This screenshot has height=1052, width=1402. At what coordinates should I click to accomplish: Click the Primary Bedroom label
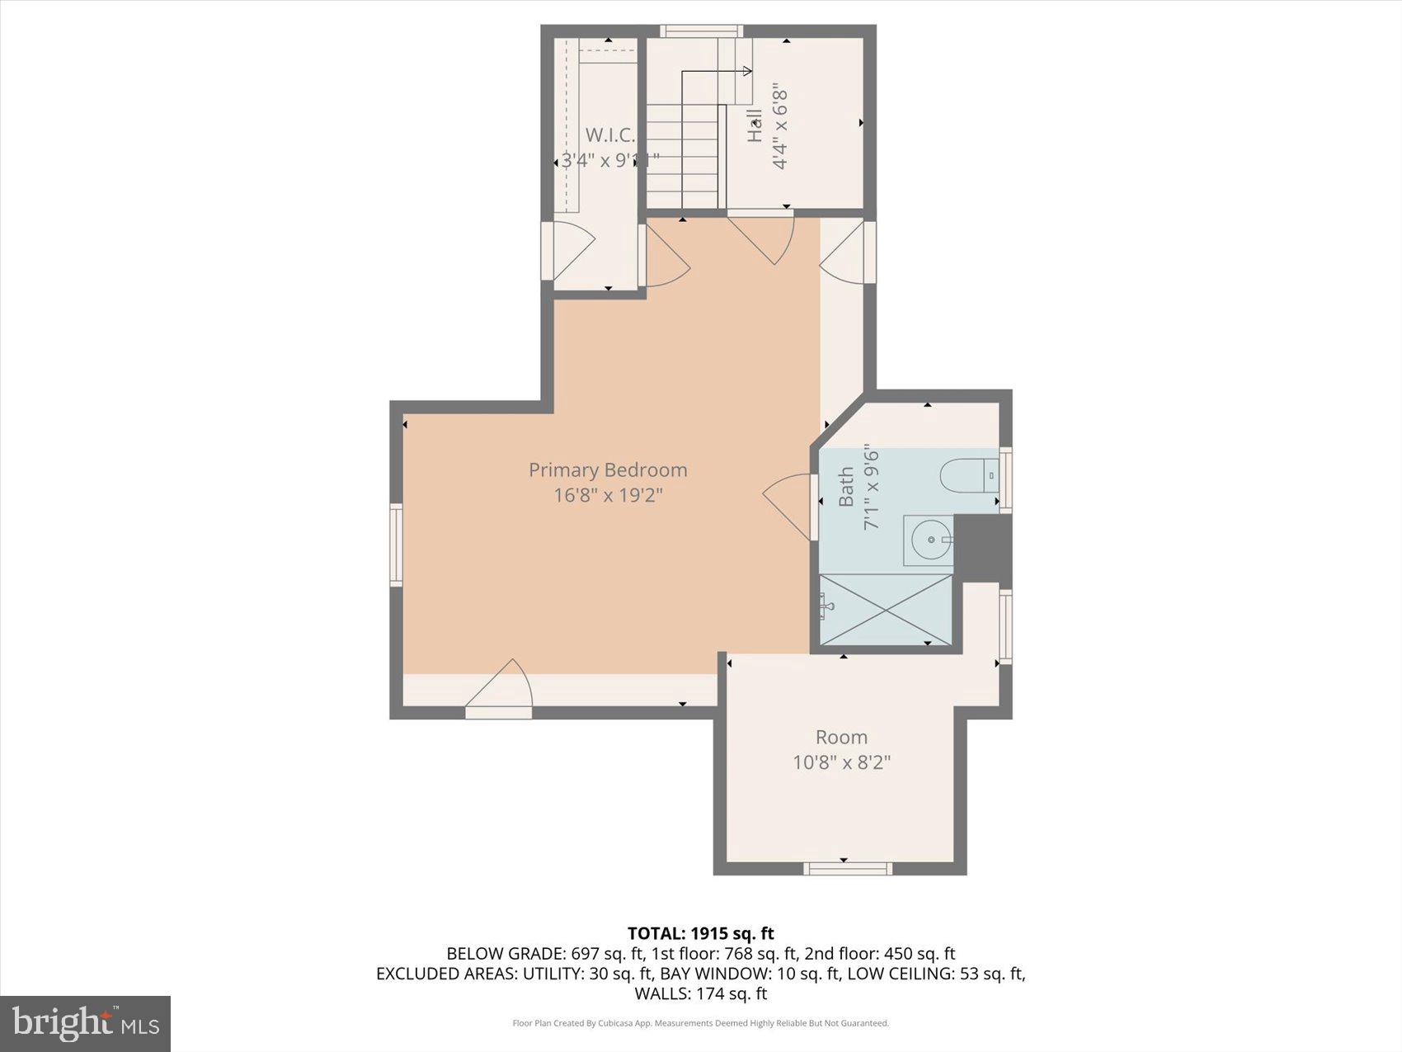608,469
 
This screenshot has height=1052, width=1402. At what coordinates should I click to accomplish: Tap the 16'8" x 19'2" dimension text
608,495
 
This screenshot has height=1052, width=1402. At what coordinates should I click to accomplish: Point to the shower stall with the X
886,611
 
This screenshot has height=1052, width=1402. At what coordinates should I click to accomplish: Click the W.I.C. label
610,134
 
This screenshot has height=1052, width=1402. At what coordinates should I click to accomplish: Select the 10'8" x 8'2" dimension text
841,762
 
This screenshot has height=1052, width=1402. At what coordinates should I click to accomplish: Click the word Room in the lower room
841,737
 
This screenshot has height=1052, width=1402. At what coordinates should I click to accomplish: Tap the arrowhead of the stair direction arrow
748,72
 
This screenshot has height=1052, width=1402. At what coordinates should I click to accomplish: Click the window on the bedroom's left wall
396,545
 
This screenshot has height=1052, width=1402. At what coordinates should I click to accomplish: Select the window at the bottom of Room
848,868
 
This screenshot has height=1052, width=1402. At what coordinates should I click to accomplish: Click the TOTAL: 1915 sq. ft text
700,933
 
